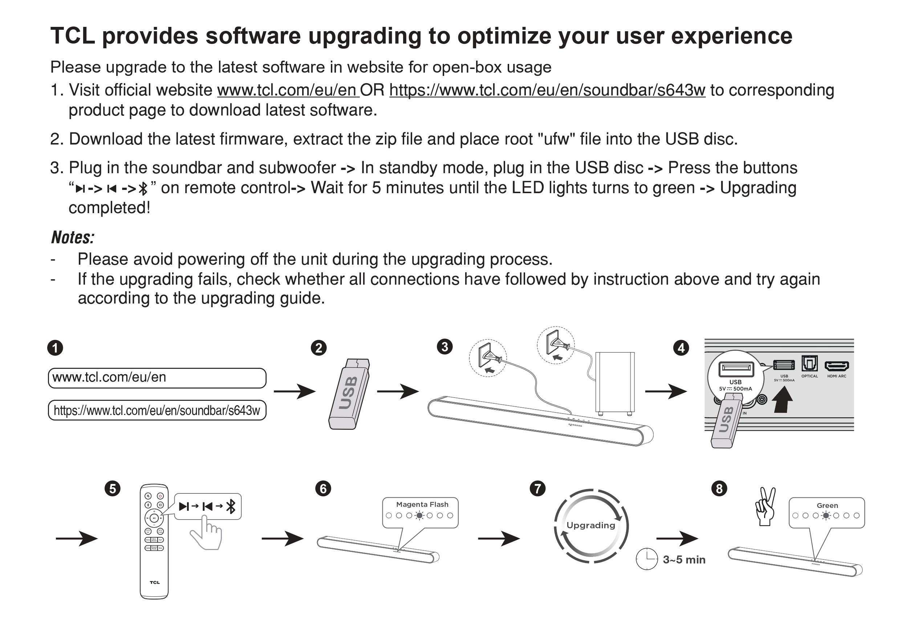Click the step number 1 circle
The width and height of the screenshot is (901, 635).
click(x=55, y=348)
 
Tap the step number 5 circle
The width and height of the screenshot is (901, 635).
click(x=113, y=489)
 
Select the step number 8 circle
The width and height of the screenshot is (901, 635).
click(x=719, y=489)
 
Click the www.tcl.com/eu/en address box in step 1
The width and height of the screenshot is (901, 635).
click(x=157, y=378)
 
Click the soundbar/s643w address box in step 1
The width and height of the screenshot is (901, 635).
click(x=157, y=410)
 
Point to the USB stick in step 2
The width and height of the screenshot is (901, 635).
click(x=349, y=394)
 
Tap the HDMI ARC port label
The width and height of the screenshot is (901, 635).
click(x=837, y=376)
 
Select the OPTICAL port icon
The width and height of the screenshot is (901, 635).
click(x=809, y=363)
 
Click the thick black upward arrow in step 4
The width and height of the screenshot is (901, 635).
click(x=782, y=399)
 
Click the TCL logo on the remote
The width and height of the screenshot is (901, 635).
click(x=155, y=582)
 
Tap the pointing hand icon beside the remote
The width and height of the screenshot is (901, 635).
click(x=206, y=532)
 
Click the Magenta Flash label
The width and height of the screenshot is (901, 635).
click(x=422, y=504)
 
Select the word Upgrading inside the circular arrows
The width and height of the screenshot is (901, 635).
click(x=590, y=526)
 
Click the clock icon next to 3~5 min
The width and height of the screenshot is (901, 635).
click(x=647, y=558)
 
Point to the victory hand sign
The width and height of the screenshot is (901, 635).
click(x=765, y=506)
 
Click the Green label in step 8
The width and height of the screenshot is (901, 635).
click(x=827, y=506)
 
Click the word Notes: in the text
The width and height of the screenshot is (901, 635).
click(x=73, y=237)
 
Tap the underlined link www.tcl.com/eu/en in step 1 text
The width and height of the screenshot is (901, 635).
click(x=288, y=90)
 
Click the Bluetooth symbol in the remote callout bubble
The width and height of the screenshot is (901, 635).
click(x=231, y=506)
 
